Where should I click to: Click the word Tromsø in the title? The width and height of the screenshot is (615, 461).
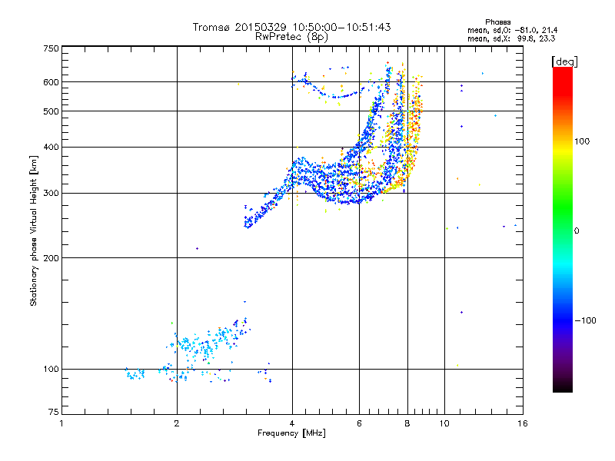[x=211, y=27]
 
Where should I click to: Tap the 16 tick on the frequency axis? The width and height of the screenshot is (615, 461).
[x=522, y=423]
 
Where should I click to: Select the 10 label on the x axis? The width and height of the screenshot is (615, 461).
[x=444, y=423]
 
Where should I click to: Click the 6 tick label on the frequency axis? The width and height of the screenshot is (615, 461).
[x=359, y=423]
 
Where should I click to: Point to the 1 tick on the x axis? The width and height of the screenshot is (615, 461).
[x=61, y=423]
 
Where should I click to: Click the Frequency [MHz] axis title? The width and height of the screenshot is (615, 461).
[x=291, y=434]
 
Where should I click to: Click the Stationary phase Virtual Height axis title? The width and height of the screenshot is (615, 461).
[x=34, y=231]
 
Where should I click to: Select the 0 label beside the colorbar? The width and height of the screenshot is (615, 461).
[x=576, y=230]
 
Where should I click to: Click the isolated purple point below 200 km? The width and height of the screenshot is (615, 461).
[x=198, y=248]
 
